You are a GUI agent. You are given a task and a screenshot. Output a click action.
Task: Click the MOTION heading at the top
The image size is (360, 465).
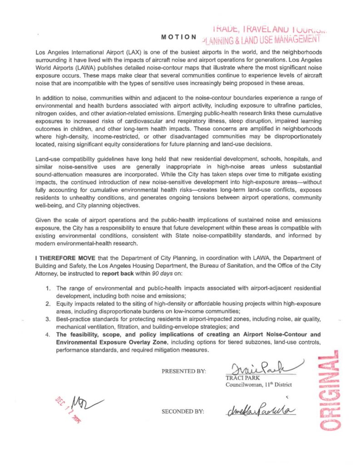coord(179,36)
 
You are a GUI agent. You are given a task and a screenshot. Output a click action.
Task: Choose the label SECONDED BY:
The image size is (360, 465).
coord(183,411)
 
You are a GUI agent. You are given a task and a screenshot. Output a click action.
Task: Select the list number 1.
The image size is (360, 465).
coord(48,288)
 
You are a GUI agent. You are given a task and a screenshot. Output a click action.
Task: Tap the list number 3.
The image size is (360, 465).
coord(48,320)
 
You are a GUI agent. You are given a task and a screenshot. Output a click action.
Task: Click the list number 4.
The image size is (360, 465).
coord(48,335)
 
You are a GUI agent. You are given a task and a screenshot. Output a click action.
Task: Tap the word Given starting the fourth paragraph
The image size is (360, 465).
coord(44,219)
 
